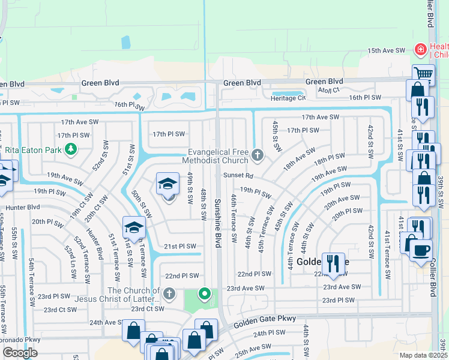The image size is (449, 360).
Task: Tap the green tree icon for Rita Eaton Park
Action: (x=71, y=149)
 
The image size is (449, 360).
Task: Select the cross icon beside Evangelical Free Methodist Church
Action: (x=258, y=156)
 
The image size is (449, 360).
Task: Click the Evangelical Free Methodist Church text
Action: (x=217, y=156)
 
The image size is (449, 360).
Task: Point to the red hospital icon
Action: (x=421, y=48)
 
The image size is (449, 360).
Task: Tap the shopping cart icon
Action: (x=423, y=74)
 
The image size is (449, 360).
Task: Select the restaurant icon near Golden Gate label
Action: (x=330, y=262)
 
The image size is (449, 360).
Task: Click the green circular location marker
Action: (x=205, y=294)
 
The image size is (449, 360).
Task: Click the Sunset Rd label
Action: (x=235, y=176)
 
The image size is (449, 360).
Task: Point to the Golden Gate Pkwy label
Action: (x=270, y=319)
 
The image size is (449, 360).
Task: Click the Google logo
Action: (x=20, y=353)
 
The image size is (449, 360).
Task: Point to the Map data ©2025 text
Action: (x=423, y=355)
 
